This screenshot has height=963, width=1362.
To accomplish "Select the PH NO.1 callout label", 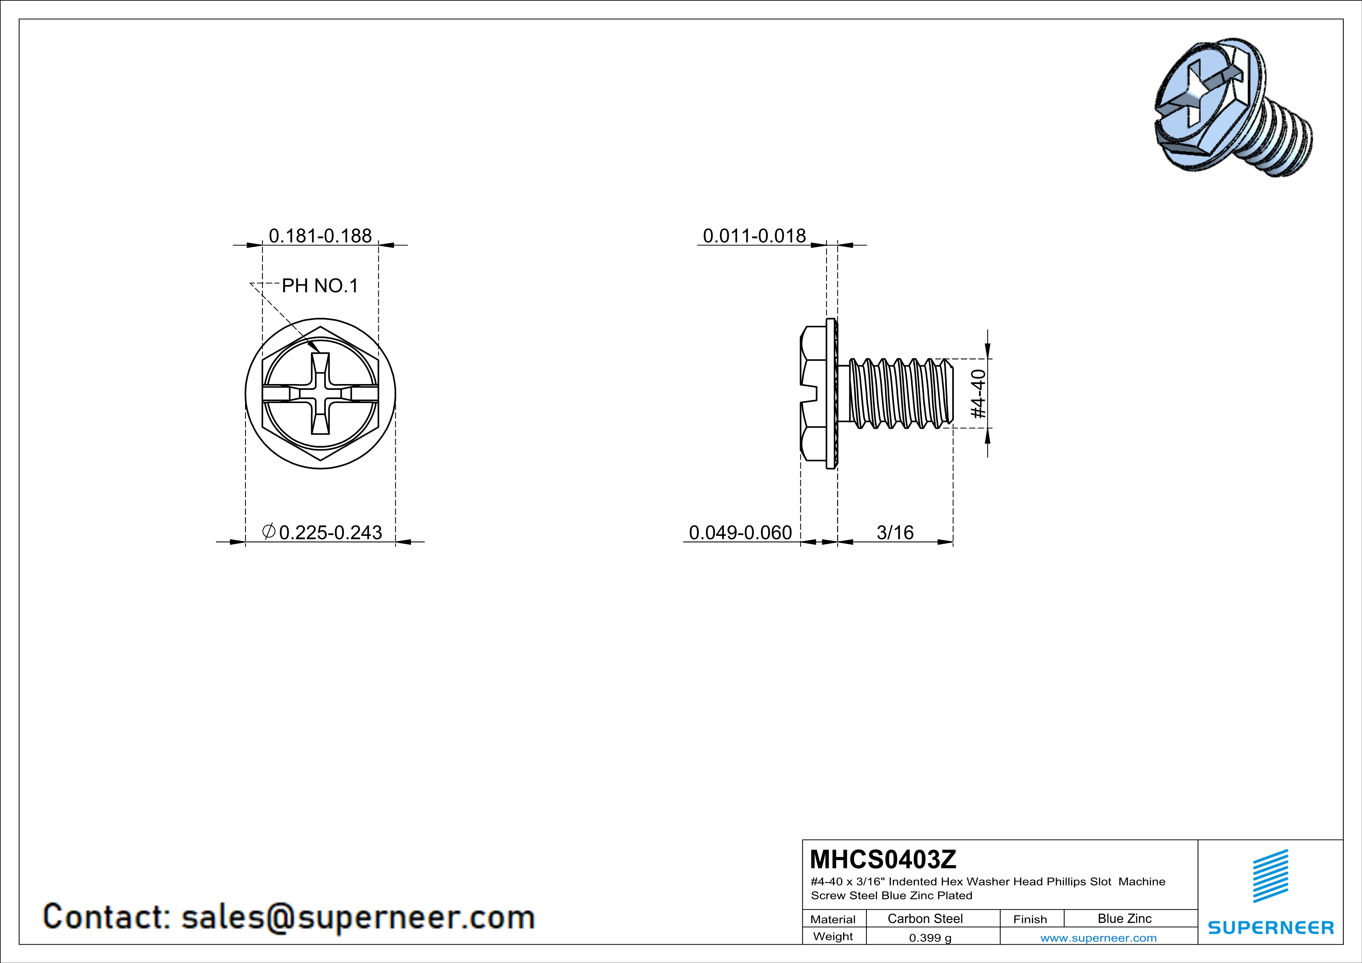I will [320, 286].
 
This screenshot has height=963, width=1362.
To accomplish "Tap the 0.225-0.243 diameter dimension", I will [323, 532].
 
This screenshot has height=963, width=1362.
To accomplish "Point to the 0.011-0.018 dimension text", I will [754, 236].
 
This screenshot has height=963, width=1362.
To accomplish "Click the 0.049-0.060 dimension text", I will [740, 532].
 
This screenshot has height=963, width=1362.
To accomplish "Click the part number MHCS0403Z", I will [883, 859].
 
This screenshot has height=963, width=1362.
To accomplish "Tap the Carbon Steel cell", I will [925, 918].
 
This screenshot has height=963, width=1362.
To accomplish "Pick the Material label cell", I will [833, 919].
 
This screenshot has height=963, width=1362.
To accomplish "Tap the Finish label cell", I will [1030, 919].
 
